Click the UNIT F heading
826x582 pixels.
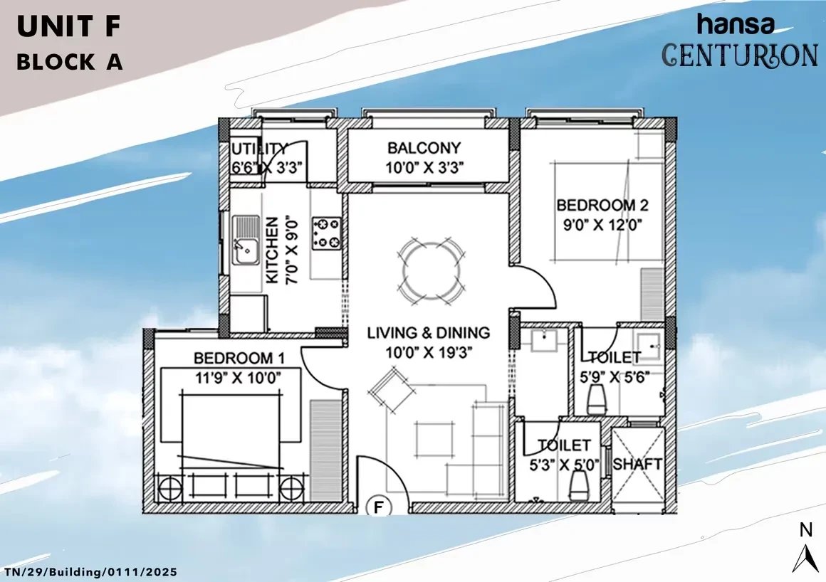(x=69, y=27)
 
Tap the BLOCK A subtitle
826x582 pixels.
(x=70, y=62)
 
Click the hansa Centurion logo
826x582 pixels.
(x=740, y=41)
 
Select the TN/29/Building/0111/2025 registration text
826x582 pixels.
(x=90, y=572)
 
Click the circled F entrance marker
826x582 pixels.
(x=378, y=507)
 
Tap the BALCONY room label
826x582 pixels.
(x=424, y=148)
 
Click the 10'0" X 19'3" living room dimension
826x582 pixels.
(x=429, y=352)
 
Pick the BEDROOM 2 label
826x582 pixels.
(x=602, y=205)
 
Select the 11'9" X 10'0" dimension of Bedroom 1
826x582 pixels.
(x=238, y=378)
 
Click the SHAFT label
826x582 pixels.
(x=637, y=464)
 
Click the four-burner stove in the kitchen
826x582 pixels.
(x=327, y=233)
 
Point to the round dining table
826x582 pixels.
(x=430, y=270)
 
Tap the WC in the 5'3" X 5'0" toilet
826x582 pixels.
(x=578, y=485)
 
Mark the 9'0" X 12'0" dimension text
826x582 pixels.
(x=602, y=226)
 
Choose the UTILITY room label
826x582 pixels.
(x=260, y=149)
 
